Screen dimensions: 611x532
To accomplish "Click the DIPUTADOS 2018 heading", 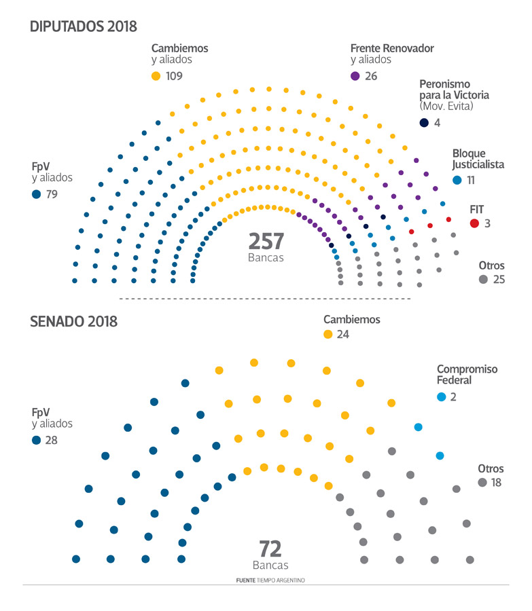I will pos(84,26).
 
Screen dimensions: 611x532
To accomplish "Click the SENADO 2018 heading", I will pos(74,321).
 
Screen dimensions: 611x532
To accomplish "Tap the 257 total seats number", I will pos(266,242).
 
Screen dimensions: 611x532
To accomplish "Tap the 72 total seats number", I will pos(270,549).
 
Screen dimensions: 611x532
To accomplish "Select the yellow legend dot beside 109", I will pos(156,76).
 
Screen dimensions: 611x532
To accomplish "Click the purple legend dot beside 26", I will pos(355,76).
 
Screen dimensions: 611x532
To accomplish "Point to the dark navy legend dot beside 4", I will pos(424,123).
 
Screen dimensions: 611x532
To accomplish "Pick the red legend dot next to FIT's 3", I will pos(474,223).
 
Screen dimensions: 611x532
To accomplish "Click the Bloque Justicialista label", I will pos(478,159).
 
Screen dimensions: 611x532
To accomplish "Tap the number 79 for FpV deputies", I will pos(52,195).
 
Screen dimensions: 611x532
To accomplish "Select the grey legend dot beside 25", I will pos(483,279).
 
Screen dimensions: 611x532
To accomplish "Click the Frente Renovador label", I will pos(392,48).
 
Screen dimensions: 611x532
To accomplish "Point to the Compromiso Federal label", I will pos(467,375).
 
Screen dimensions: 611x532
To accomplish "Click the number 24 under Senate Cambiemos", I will pos(344,334).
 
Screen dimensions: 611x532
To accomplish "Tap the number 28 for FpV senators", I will pos(52,440).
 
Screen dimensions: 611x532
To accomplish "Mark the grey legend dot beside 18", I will pos(482,483).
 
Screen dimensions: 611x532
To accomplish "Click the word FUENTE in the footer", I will pos(245,580).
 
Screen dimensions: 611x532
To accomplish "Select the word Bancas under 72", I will pos(270,565).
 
